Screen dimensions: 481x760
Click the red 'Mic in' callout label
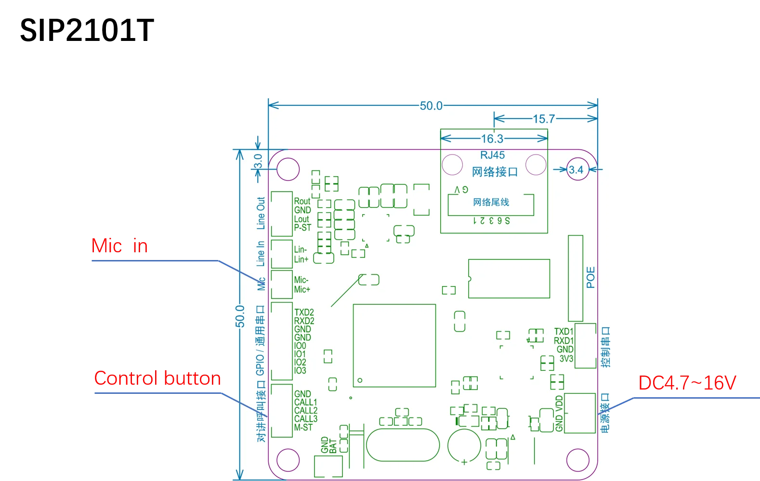coord(120,246)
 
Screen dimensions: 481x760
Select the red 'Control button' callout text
coord(157,378)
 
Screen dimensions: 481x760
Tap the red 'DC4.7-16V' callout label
coord(687,383)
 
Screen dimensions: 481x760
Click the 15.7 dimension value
coord(544,118)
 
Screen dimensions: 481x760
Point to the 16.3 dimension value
coord(492,139)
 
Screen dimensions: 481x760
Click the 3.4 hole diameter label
coord(576,169)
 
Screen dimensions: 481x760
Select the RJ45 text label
coord(492,155)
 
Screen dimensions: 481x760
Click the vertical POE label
coord(591,277)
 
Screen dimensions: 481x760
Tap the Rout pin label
coord(302,201)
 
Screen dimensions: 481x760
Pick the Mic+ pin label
coord(302,289)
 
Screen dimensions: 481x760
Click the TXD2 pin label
coord(304,312)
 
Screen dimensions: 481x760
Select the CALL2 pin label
coord(306,410)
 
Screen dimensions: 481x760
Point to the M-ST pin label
coord(303,427)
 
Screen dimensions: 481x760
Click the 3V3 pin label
coord(566,359)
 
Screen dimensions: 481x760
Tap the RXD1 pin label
coord(563,340)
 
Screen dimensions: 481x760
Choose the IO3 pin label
coord(300,370)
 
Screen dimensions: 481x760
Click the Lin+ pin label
coord(301,259)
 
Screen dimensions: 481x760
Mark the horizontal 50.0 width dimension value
coord(431,106)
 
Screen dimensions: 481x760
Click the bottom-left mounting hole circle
coord(288,459)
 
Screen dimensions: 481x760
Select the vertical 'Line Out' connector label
coord(261,213)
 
